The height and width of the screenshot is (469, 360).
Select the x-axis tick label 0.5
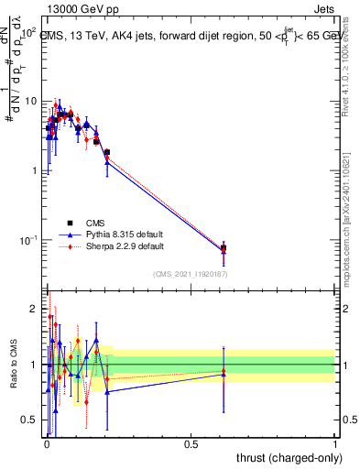pyautogui.click(x=191, y=443)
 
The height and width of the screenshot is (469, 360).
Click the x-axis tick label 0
pyautogui.click(x=46, y=443)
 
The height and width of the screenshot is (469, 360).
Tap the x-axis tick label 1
pyautogui.click(x=335, y=443)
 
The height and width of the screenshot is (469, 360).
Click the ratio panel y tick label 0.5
pyautogui.click(x=28, y=420)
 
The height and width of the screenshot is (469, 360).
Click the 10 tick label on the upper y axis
pyautogui.click(x=29, y=101)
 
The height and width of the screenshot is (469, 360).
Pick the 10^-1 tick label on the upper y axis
pyautogui.click(x=27, y=240)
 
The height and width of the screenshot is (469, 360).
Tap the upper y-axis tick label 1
pyautogui.click(x=34, y=170)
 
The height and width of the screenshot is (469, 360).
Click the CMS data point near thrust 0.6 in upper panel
pyautogui.click(x=224, y=248)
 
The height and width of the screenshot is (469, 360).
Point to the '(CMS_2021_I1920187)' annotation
pyautogui.click(x=190, y=274)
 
